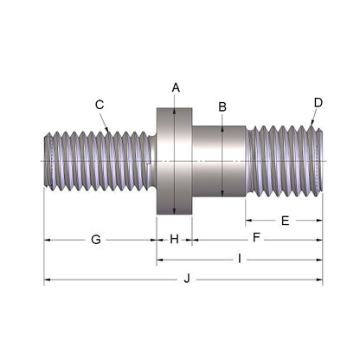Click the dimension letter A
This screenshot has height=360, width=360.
point(176,87)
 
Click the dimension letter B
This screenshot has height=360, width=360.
point(222,106)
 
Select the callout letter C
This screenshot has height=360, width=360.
point(100,105)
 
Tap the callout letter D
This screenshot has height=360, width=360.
point(318,102)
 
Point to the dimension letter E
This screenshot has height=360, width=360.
point(285,221)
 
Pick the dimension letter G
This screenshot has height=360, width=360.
point(96,239)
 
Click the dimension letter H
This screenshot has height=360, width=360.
point(174,239)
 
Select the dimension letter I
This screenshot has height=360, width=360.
point(240,259)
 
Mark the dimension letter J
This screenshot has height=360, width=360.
point(185,279)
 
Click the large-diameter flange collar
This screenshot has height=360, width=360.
point(174,161)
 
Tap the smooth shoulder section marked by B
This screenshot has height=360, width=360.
point(218,161)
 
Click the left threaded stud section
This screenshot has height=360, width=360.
point(97,161)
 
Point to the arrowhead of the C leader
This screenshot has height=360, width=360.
point(108,131)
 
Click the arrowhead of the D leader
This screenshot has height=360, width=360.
point(312,127)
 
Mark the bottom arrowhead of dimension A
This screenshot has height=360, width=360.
point(176,211)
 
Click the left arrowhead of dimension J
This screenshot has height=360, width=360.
point(47,280)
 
